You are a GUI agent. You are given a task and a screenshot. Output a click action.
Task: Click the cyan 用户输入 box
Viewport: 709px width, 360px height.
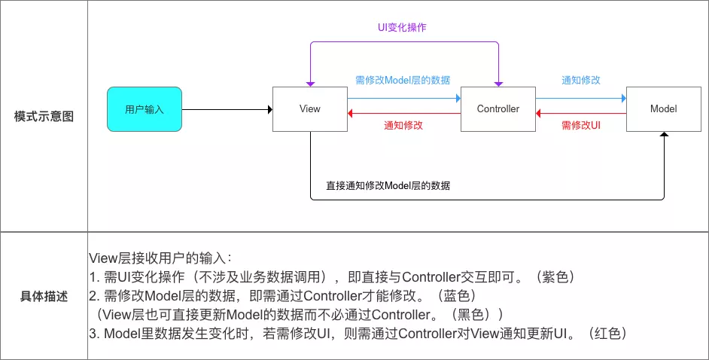click(145, 109)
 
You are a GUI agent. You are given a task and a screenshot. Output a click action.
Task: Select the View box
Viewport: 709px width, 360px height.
click(309, 109)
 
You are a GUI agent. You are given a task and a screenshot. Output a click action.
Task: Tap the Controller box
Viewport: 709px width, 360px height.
click(498, 109)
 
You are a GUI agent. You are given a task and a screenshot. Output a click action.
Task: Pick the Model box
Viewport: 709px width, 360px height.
click(663, 109)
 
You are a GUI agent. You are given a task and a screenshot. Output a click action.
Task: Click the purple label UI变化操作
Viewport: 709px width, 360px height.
click(403, 27)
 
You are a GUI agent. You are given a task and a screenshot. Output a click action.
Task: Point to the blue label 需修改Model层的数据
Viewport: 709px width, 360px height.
click(403, 80)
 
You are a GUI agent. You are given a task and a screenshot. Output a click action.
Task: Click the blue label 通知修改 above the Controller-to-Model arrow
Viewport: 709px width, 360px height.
click(580, 80)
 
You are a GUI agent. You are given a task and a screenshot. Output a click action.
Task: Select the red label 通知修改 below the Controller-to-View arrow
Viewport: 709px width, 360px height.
click(403, 125)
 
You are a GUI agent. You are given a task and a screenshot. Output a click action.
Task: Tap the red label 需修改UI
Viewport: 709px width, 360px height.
click(580, 125)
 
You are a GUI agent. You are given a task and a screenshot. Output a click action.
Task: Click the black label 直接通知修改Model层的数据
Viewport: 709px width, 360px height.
click(388, 185)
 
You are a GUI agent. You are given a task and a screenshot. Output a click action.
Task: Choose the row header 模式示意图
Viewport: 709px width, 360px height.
click(44, 117)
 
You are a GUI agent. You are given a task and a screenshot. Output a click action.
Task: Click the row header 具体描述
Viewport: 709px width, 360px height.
click(44, 296)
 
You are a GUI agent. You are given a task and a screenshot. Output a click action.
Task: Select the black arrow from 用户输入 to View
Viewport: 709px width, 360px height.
click(226, 110)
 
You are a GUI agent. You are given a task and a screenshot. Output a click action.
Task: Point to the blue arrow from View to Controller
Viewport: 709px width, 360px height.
click(403, 98)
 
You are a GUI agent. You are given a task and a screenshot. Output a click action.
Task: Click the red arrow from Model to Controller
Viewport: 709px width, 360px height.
click(580, 114)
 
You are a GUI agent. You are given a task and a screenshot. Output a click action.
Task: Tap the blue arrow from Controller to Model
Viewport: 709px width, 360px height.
click(580, 98)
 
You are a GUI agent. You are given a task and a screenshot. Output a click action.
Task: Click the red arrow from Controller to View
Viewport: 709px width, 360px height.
click(403, 114)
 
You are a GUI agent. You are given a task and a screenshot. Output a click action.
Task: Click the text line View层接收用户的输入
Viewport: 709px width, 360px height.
click(165, 258)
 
